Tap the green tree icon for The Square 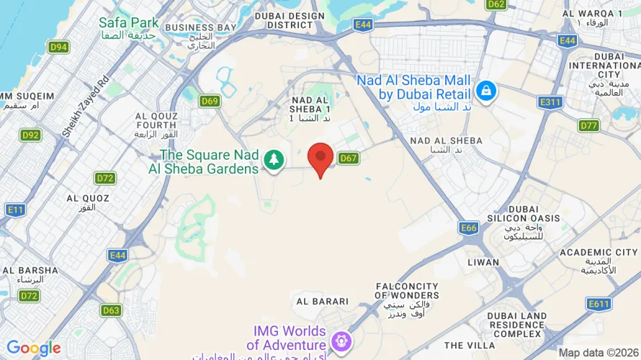point(274,161)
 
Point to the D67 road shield point(349,158)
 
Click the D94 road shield point(59,48)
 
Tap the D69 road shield point(210,102)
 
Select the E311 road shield point(550,102)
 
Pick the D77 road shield point(589,126)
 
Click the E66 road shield point(469,228)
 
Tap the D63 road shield point(111,310)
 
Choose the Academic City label point(599,253)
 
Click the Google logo point(34,348)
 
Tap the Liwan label point(483,262)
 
